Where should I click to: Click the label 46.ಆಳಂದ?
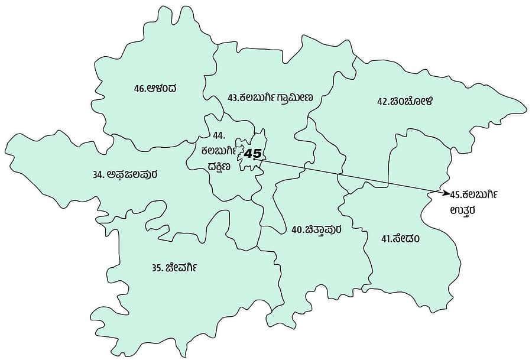pos(155,89)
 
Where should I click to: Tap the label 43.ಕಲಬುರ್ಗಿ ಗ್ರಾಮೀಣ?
pos(270,98)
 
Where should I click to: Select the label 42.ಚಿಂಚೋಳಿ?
pos(405,101)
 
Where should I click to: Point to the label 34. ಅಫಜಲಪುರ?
pos(125,174)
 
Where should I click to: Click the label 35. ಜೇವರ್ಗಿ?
pos(174,267)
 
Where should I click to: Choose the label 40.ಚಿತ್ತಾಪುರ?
pos(316,229)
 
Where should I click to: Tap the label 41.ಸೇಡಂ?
pos(401,239)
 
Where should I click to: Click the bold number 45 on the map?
pos(253,154)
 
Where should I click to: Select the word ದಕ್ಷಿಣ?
pos(219,166)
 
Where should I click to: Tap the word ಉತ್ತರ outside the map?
pos(463,209)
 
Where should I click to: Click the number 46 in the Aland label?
pos(140,89)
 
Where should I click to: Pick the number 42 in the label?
pos(382,101)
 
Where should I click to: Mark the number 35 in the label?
pos(157,268)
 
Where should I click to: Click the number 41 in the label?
pos(387,239)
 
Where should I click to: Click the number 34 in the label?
pos(98,175)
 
